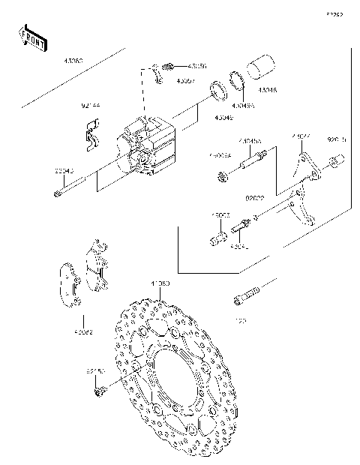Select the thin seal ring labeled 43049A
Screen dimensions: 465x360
click(239, 79)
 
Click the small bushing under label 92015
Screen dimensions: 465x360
click(334, 162)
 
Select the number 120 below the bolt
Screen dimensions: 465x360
click(241, 321)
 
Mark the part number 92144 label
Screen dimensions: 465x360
click(91, 106)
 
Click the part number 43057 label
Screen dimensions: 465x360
click(165, 79)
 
